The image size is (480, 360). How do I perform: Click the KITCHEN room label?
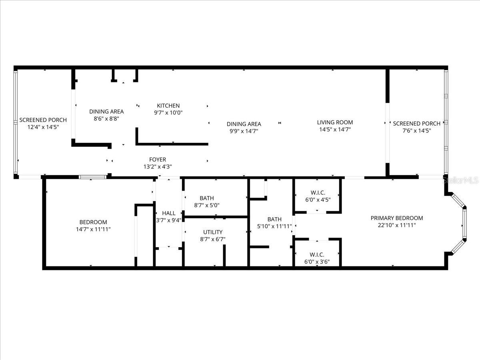(168, 106)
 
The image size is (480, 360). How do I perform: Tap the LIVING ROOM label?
(335, 122)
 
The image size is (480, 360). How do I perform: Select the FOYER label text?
(157, 160)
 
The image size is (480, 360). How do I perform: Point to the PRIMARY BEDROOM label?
(396, 218)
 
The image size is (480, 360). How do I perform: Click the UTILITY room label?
(212, 232)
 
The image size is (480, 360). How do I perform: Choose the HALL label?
(169, 213)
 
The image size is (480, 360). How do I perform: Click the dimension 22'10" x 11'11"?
(396, 225)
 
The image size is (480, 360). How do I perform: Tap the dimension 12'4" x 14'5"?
(43, 127)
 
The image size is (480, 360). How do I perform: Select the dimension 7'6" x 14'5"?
(416, 130)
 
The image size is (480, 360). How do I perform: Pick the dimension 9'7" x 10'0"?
(168, 113)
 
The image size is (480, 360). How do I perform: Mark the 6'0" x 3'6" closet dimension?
(317, 262)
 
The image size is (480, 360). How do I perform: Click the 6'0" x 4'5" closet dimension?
(317, 200)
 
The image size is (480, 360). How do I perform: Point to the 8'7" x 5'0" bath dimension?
(207, 205)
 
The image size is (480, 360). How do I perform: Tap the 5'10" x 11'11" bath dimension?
(274, 226)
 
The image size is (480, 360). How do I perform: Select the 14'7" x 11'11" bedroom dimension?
(93, 229)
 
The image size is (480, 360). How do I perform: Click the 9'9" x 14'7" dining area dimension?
(244, 131)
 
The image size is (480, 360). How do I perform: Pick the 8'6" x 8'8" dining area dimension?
(106, 119)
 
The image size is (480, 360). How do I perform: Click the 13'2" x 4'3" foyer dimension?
(157, 167)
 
